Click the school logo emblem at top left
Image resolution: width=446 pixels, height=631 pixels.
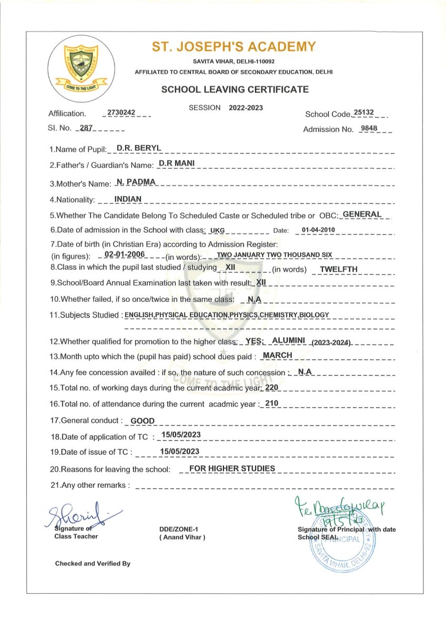point(78,67)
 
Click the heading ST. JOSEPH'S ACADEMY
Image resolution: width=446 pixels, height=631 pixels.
point(234,47)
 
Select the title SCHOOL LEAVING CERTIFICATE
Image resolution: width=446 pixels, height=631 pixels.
point(235,89)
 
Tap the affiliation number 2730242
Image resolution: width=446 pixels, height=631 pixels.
point(121,113)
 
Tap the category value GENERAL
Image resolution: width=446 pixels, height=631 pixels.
point(362,215)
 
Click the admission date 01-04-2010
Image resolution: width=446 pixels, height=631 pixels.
point(316,230)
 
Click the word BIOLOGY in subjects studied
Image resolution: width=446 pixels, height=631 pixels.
point(314,315)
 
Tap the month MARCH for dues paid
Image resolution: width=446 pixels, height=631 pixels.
point(277,355)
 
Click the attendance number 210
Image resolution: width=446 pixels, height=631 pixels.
point(271,403)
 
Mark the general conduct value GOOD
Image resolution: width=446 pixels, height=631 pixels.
point(142,421)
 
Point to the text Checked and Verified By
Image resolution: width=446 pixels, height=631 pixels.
point(93,564)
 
